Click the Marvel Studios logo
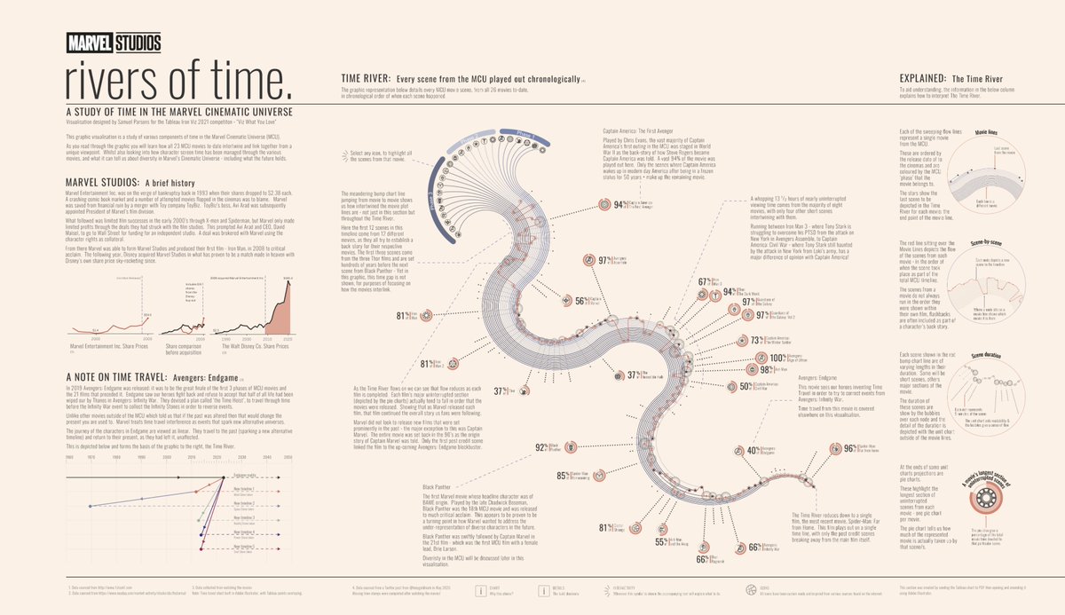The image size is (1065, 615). coord(113,41)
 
